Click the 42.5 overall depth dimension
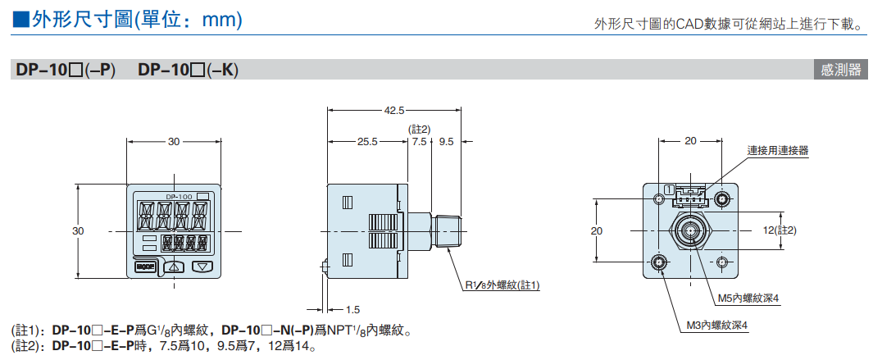tap(393, 110)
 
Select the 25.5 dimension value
tap(367, 142)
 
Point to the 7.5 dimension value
tap(420, 142)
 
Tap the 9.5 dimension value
tap(446, 142)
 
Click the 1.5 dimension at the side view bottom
tap(353, 309)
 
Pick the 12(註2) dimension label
tap(780, 230)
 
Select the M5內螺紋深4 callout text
tap(747, 298)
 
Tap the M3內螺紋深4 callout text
tap(717, 326)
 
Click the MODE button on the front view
tap(145, 266)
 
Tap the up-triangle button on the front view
tap(174, 266)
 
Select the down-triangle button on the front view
tap(202, 266)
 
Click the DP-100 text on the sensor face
tap(178, 197)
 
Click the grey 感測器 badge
tap(841, 70)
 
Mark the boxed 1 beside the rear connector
tap(670, 190)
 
